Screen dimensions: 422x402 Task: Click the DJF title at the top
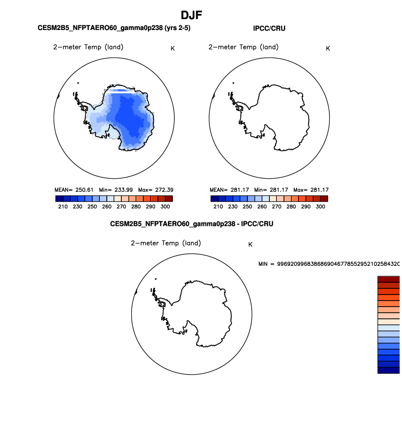[x=191, y=15]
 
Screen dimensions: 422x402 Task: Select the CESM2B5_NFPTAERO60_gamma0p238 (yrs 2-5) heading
[x=114, y=28]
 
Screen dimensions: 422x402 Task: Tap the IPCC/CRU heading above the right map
[x=269, y=28]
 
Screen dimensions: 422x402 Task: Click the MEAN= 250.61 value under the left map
[x=74, y=190]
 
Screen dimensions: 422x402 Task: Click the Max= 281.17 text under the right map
[x=311, y=190]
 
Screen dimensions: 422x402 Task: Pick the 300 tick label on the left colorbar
[x=165, y=206]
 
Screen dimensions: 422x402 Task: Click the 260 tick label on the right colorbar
[x=262, y=206]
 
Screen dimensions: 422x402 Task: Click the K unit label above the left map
[x=172, y=49]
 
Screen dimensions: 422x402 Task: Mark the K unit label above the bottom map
[x=250, y=244]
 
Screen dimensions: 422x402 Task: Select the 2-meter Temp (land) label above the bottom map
[x=166, y=243]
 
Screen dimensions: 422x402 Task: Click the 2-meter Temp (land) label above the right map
[x=244, y=47]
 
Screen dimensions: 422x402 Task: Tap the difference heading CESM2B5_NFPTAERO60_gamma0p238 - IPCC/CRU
[x=192, y=224]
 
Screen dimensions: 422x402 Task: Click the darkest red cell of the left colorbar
[x=169, y=199]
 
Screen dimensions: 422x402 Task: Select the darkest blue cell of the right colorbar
[x=215, y=199]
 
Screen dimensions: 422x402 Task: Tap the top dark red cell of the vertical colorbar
[x=389, y=279]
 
